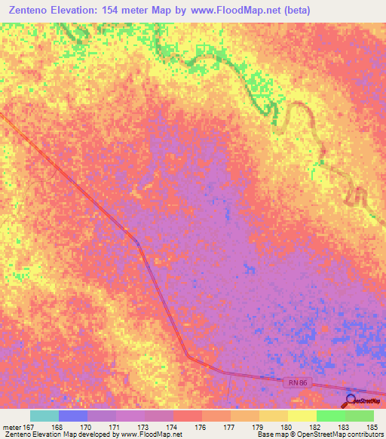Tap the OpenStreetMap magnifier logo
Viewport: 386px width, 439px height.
[x=351, y=401]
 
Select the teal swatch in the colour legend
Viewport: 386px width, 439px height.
[x=44, y=416]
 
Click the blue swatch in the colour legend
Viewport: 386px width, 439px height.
[x=73, y=416]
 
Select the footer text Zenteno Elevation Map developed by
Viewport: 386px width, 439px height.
[x=62, y=434]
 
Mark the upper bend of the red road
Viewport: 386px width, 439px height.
[x=136, y=241]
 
